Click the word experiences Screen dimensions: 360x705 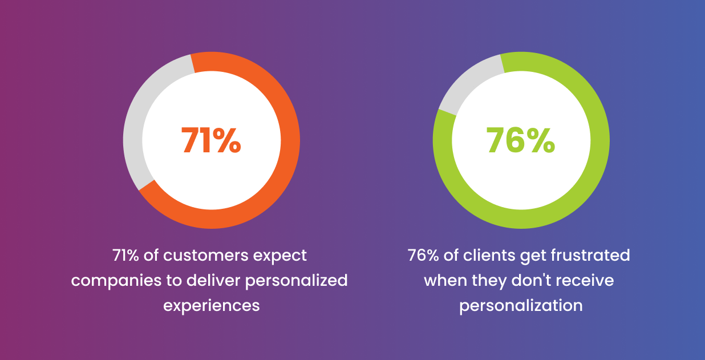[211, 306]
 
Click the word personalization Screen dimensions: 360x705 [521, 306]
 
